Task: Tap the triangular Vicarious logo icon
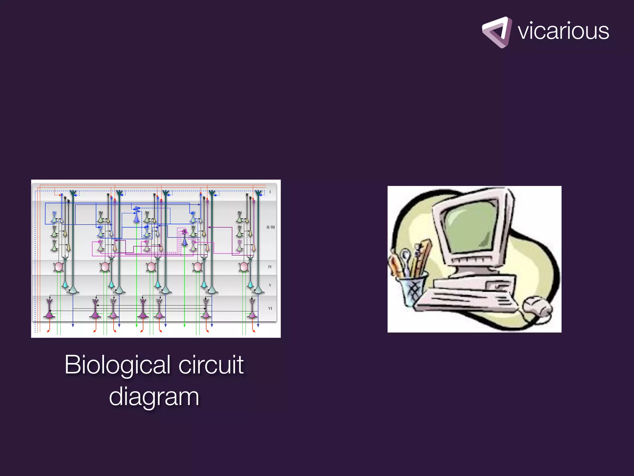496,32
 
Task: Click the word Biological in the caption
117,365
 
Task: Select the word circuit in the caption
211,365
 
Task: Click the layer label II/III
271,227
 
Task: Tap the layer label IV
270,267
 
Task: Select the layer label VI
270,308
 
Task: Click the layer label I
270,192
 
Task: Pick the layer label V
270,285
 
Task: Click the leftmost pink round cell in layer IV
59,267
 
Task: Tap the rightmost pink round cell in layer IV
244,267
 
